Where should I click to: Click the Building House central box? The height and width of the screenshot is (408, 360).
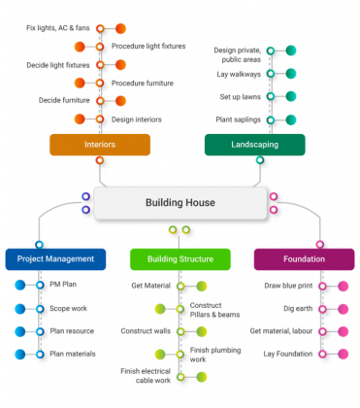click(180, 202)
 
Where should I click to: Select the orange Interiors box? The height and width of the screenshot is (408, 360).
click(100, 145)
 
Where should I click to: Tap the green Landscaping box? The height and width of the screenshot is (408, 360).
click(254, 145)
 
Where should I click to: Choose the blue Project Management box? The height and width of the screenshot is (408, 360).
click(55, 258)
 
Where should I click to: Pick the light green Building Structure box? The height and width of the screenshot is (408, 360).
click(180, 258)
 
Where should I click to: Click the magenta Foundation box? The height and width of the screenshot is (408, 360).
click(304, 258)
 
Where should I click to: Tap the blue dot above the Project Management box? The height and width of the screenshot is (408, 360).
click(39, 244)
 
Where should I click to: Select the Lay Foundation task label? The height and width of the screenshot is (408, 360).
click(288, 355)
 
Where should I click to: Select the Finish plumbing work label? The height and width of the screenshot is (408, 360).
click(209, 355)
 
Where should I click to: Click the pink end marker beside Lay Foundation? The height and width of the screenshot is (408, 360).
click(344, 355)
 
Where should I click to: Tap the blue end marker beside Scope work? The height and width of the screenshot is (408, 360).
click(20, 309)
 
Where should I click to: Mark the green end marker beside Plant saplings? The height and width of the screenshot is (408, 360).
click(290, 119)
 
